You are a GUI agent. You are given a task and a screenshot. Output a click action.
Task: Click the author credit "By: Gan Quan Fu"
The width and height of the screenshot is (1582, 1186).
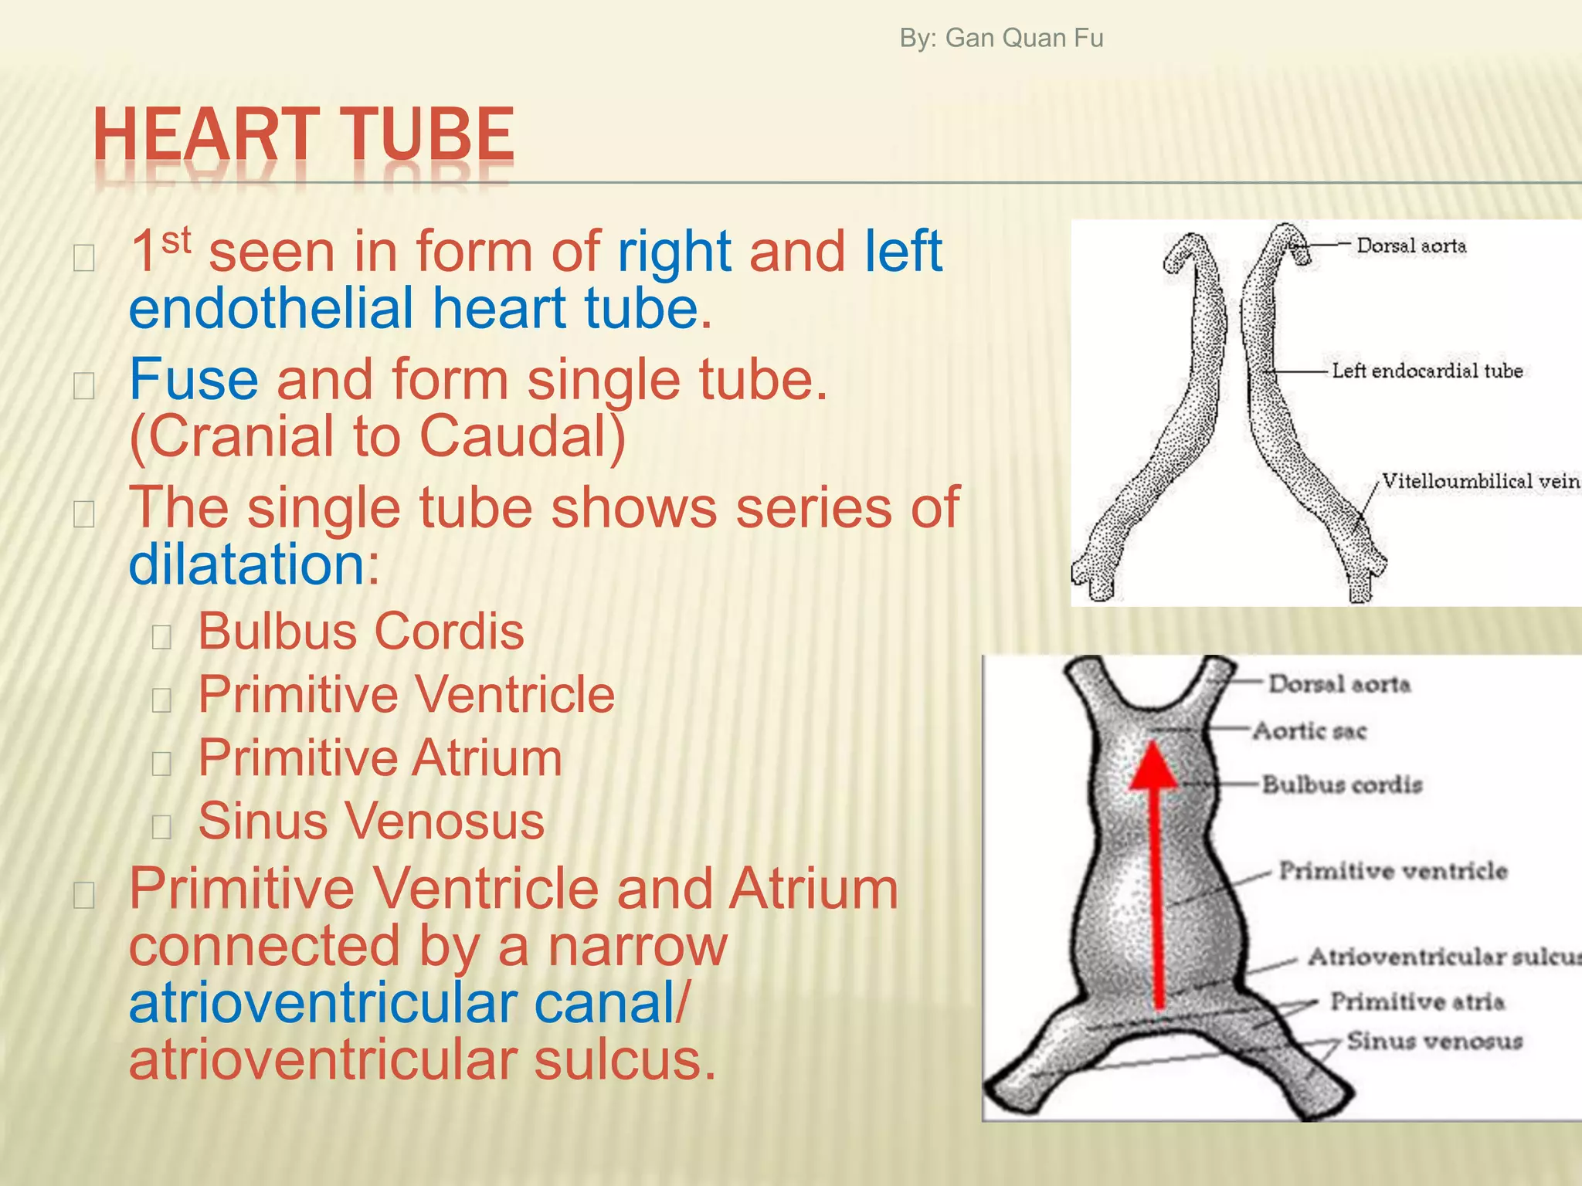pos(1001,38)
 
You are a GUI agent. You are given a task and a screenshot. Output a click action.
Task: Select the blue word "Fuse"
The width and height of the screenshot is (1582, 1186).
pos(193,379)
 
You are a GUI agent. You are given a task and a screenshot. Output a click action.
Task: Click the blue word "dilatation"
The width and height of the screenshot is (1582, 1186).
pos(246,564)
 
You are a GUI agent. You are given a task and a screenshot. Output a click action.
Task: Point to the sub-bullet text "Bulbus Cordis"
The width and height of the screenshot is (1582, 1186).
pos(361,632)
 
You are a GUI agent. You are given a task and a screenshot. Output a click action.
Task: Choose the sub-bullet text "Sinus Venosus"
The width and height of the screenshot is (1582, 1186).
pos(371,820)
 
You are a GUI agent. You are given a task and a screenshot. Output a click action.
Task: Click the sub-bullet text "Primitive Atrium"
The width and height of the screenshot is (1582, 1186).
pos(380,757)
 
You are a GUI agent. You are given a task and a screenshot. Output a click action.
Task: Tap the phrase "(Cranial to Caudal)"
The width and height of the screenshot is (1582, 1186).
pos(377,436)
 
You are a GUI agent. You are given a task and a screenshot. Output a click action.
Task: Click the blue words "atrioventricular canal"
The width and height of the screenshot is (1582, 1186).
pos(402,1003)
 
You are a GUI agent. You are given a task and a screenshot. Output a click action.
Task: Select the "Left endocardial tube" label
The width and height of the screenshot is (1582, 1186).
pos(1427,371)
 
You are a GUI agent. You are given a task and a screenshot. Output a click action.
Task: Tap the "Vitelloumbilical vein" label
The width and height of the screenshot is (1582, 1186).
pos(1479,481)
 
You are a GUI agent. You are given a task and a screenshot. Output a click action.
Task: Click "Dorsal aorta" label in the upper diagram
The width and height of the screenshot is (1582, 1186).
pos(1411,246)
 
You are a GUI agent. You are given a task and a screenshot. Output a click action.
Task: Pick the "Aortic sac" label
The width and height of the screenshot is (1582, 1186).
pos(1309,730)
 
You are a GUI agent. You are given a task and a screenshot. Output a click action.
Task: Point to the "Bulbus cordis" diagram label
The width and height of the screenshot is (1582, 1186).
pos(1342,784)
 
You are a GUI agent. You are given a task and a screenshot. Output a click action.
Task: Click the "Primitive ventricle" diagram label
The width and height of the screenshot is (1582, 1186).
pos(1393,871)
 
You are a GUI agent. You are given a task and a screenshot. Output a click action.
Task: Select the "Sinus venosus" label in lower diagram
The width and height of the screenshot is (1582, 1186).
pos(1434,1041)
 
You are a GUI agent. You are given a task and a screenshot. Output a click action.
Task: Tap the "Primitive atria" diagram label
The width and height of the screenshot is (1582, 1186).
pos(1417,1001)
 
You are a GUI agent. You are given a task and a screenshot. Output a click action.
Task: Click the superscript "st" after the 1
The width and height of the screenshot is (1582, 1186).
pos(176,240)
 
